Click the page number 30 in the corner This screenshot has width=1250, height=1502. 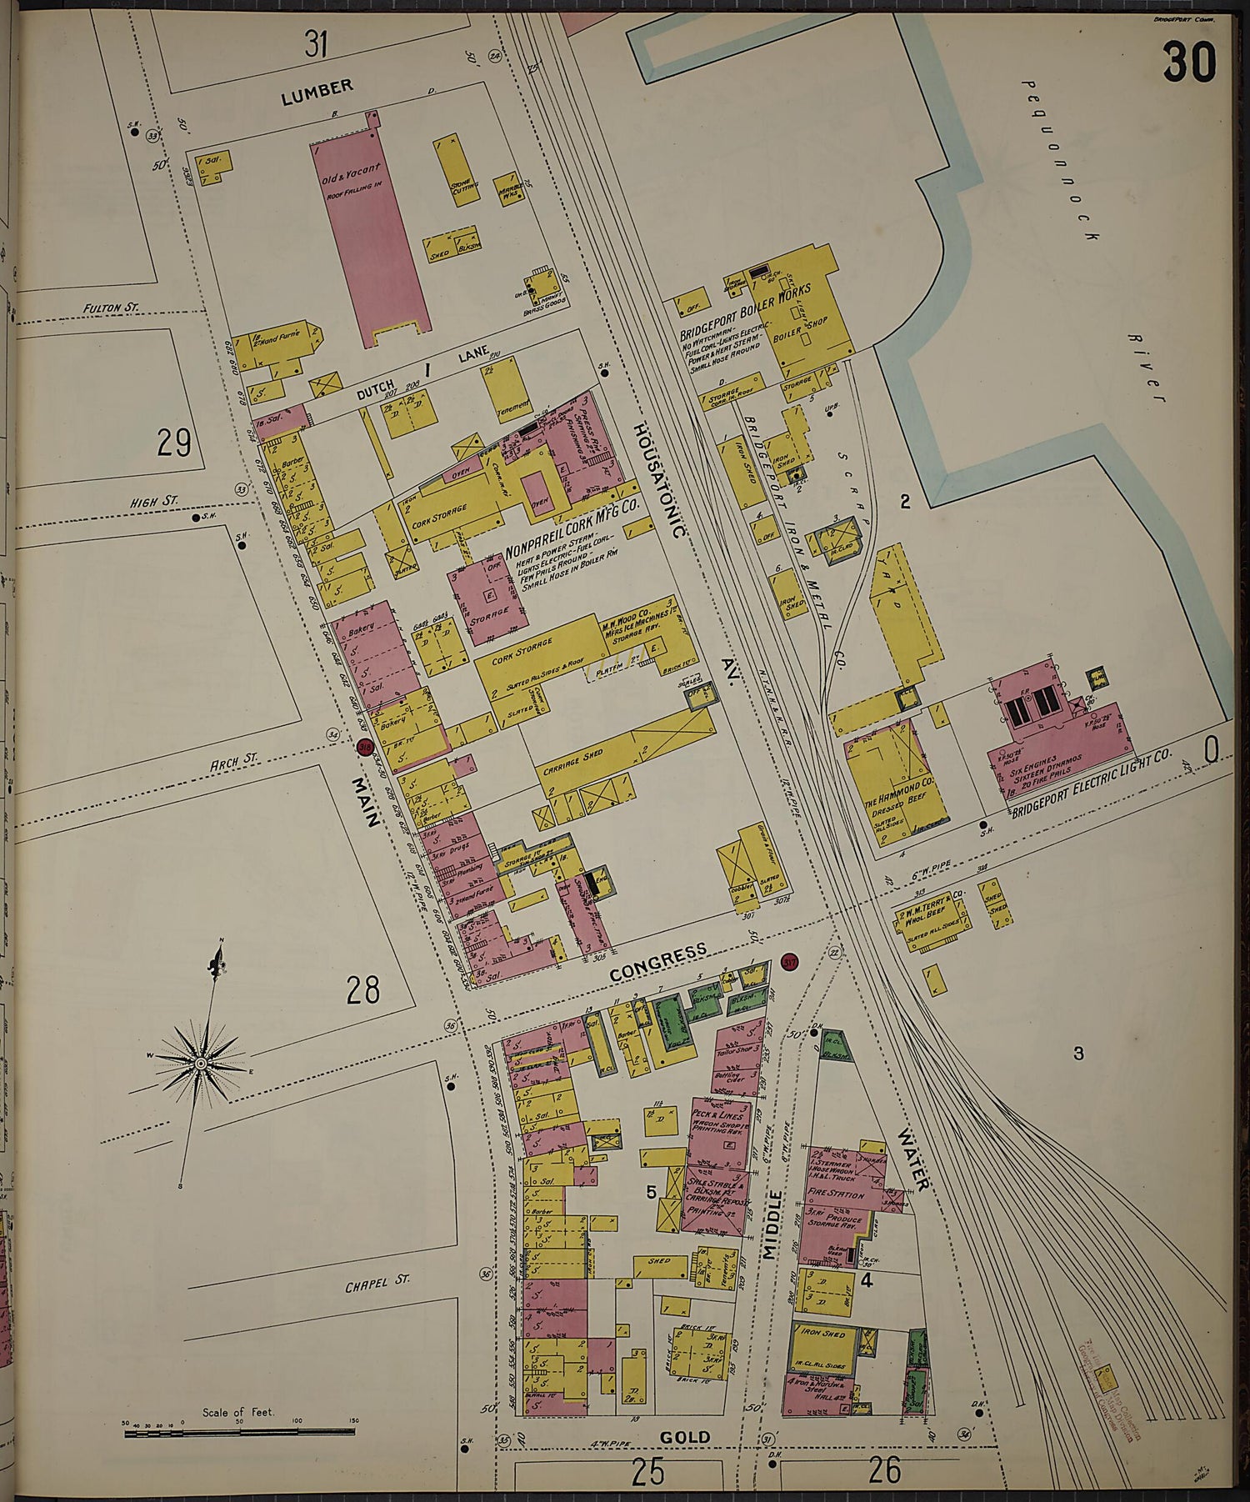pos(1189,63)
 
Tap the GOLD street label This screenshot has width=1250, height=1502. pos(684,1436)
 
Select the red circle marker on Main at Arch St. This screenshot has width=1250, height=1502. pos(364,748)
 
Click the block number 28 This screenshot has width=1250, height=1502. pos(363,990)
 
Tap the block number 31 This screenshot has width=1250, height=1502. pos(315,44)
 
